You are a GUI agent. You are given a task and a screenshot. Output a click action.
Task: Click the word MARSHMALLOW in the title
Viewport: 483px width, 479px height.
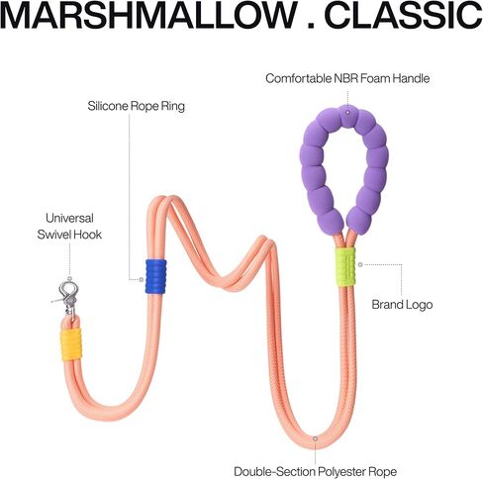(148, 15)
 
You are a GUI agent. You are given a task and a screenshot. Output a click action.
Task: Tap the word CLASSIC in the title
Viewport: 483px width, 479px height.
(403, 15)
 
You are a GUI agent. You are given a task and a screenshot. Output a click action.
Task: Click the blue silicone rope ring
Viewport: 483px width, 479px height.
(156, 276)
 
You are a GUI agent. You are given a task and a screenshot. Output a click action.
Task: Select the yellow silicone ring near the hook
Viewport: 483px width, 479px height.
(71, 344)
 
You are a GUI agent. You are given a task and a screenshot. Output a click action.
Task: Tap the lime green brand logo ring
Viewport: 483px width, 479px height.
(345, 266)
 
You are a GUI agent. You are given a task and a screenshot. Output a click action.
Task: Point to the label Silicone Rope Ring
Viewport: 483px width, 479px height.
(136, 106)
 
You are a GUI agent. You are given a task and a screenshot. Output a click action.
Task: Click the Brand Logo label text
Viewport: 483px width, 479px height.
(402, 305)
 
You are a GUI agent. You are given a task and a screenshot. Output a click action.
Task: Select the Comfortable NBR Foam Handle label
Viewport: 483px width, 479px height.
(347, 78)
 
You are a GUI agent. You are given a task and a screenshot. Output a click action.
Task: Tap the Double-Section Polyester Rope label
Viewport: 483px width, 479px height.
(315, 471)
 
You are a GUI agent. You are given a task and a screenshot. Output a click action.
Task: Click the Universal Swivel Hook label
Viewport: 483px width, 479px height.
(69, 227)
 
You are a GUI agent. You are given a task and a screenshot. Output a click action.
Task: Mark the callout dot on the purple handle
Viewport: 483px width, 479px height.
(347, 113)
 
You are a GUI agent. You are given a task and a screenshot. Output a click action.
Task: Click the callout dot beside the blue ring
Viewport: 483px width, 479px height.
(142, 280)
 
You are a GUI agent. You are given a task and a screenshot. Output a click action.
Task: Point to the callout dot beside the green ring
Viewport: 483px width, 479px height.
(360, 264)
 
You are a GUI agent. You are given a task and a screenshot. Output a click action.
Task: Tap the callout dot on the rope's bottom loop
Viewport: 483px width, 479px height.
(315, 438)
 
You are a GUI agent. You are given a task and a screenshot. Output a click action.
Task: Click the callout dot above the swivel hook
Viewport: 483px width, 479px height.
(69, 279)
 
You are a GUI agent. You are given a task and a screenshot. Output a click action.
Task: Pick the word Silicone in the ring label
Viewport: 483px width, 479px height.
(108, 106)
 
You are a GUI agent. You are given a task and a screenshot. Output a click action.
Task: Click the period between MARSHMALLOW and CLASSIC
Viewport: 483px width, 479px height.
(311, 26)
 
